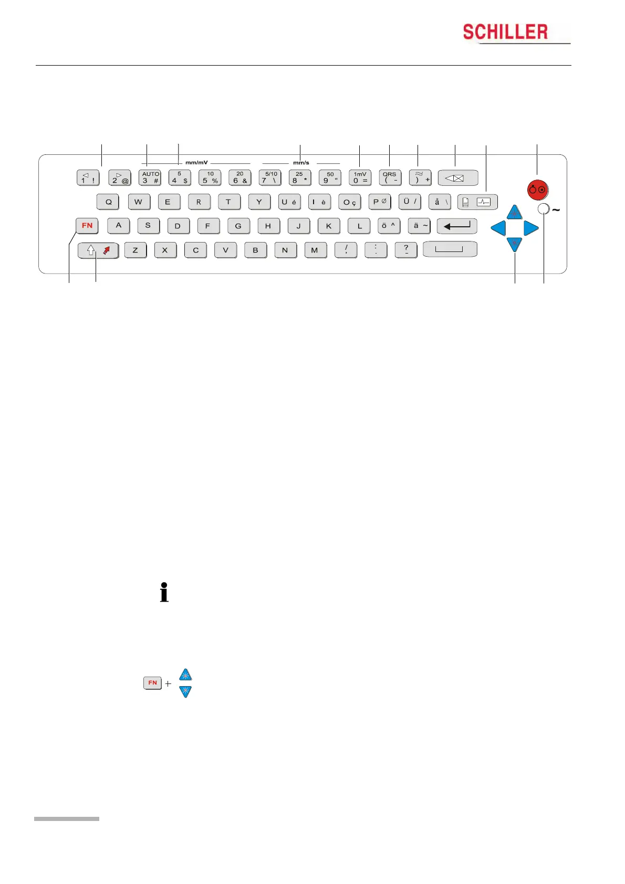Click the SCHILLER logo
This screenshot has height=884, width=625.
click(x=505, y=33)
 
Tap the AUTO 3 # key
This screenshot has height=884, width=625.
click(x=150, y=177)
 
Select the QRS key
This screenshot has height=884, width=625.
click(x=390, y=177)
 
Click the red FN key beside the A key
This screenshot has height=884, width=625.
click(x=87, y=226)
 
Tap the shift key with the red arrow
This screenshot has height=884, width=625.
click(x=98, y=250)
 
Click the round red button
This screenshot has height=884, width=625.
click(x=537, y=190)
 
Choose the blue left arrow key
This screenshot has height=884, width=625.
click(x=498, y=228)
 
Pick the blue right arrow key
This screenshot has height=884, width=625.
click(x=531, y=228)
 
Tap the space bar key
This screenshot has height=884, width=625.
click(x=450, y=249)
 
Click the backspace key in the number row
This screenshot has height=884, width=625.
click(x=457, y=178)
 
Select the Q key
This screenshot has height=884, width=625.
click(x=108, y=202)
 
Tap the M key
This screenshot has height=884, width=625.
click(x=315, y=250)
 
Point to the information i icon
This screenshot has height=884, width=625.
click(x=164, y=592)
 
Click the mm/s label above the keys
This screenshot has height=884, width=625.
click(x=301, y=163)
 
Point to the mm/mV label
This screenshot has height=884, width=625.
click(x=196, y=163)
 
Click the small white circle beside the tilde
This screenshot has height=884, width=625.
click(x=544, y=210)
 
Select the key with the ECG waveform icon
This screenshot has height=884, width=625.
click(x=477, y=202)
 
